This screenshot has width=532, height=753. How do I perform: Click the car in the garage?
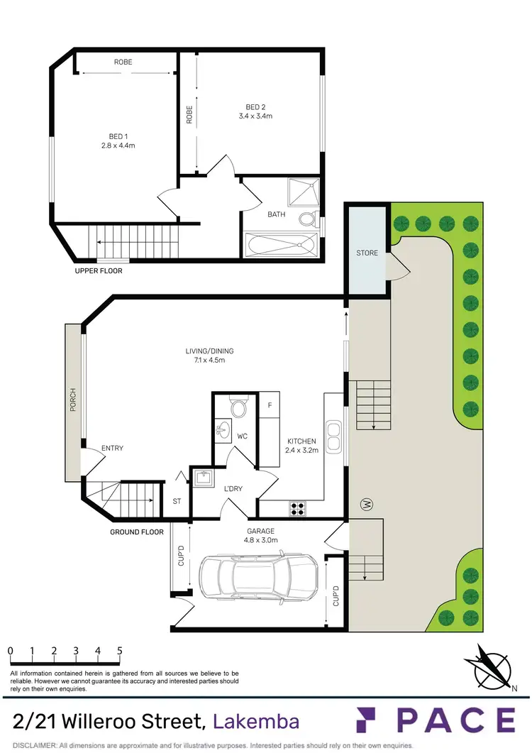258,575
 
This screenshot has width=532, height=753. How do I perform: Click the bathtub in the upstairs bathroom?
282,243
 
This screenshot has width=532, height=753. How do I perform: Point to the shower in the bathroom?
304,192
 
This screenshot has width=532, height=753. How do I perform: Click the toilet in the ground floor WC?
238,409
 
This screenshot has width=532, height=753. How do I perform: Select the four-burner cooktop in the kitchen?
296,508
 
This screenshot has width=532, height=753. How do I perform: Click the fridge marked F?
270,406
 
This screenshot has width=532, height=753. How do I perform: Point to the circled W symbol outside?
367,505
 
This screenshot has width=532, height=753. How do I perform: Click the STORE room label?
367,253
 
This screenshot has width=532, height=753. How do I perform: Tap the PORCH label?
72,401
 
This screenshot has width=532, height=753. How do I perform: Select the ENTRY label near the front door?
112,448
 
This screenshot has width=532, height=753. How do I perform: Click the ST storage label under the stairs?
177,501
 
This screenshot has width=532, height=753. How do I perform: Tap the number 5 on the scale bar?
119,651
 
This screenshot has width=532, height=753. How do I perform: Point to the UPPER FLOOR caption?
99,270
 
